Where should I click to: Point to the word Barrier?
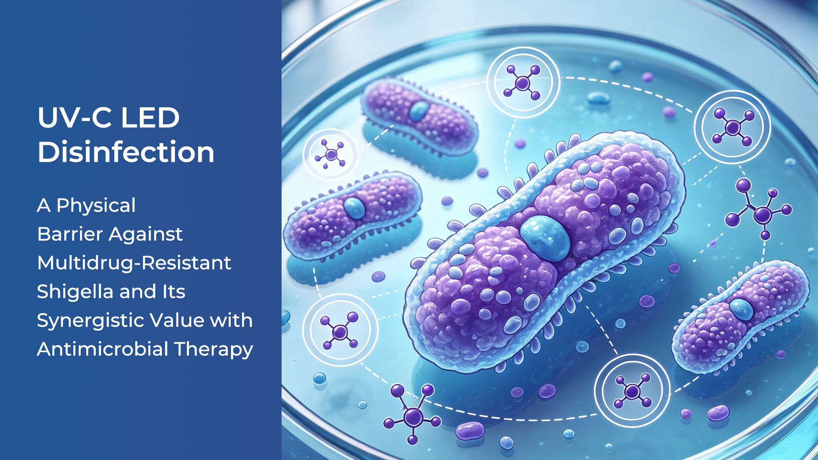(x=70, y=234)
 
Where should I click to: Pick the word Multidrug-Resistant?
(x=134, y=263)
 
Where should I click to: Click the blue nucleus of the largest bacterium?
(x=545, y=238)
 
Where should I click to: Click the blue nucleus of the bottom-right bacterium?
(x=741, y=309)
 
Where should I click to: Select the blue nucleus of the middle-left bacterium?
(x=354, y=208)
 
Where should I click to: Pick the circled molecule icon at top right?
(x=733, y=127)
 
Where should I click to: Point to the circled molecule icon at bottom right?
(x=632, y=391)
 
